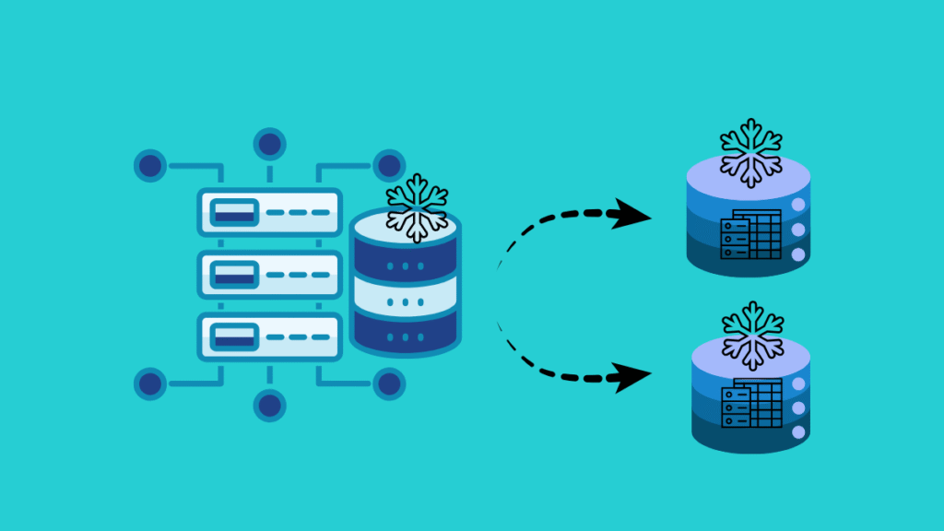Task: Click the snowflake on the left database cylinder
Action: (417, 208)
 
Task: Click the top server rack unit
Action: (269, 213)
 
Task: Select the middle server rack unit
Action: (269, 275)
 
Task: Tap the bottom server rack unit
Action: (269, 336)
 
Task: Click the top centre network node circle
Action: (269, 145)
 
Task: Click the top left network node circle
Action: (150, 167)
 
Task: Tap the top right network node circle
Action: (389, 167)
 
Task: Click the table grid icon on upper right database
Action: (751, 234)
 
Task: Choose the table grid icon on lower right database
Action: (751, 406)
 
